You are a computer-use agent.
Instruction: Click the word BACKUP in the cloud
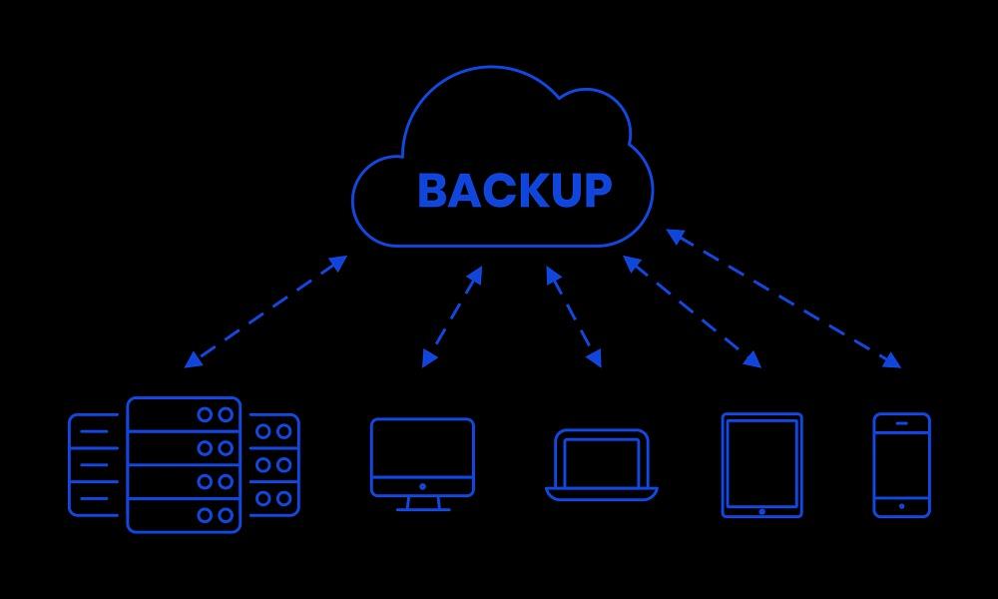pyautogui.click(x=514, y=190)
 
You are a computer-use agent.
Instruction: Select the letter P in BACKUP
pyautogui.click(x=597, y=190)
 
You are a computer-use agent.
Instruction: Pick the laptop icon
pyautogui.click(x=602, y=461)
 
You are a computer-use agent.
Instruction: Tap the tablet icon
pyautogui.click(x=761, y=463)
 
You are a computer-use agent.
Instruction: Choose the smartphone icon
pyautogui.click(x=901, y=464)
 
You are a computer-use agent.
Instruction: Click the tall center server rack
pyautogui.click(x=185, y=464)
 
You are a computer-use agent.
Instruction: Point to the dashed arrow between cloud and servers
pyautogui.click(x=265, y=311)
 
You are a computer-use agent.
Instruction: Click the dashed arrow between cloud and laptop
pyautogui.click(x=574, y=316)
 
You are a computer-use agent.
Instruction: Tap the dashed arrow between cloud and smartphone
pyautogui.click(x=783, y=299)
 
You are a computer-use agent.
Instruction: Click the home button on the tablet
pyautogui.click(x=762, y=511)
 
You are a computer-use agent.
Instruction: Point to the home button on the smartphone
pyautogui.click(x=901, y=506)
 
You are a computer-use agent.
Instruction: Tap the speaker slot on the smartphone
pyautogui.click(x=901, y=423)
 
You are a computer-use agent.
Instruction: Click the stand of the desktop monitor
pyautogui.click(x=422, y=503)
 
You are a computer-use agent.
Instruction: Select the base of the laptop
pyautogui.click(x=602, y=493)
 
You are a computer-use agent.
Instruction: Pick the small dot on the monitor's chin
pyautogui.click(x=422, y=486)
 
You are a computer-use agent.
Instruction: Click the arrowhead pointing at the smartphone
pyautogui.click(x=892, y=361)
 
